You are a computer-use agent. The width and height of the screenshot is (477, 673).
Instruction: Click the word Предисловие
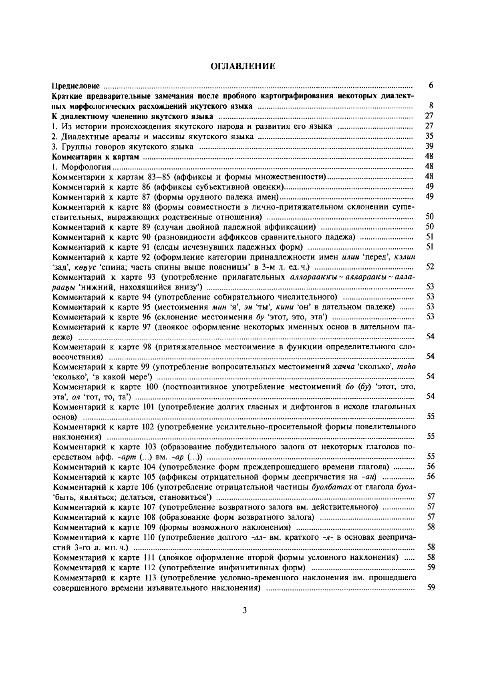76,86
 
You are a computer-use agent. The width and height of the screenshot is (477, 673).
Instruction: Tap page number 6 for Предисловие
431,86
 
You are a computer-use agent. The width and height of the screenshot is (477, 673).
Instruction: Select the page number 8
431,106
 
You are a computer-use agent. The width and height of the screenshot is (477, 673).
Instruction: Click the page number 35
429,136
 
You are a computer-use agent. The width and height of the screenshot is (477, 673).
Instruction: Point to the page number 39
429,146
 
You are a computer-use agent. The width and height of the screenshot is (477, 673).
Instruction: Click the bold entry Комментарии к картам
96,157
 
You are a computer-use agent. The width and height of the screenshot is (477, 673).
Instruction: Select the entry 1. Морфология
82,167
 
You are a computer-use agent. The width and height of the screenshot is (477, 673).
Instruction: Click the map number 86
147,187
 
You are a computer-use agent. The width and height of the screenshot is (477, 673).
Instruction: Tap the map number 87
147,197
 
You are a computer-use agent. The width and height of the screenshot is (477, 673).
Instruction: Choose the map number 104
150,467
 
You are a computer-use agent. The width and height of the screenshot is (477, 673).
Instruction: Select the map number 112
150,567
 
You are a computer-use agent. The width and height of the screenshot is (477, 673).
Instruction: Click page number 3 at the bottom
244,610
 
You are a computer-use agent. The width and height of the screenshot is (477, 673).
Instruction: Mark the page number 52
430,267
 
